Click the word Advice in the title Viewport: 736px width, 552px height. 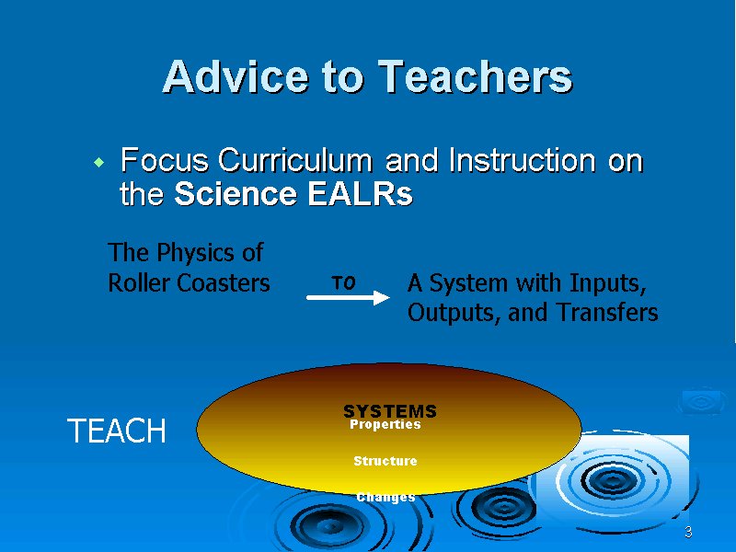[236, 76]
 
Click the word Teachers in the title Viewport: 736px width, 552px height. [475, 76]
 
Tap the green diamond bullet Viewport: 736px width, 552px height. [99, 163]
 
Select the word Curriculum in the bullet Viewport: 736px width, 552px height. [294, 160]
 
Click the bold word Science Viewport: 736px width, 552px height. [236, 193]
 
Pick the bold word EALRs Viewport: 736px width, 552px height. [360, 193]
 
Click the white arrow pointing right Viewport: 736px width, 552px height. [348, 297]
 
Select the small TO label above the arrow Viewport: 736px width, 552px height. [343, 282]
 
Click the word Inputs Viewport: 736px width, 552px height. [608, 283]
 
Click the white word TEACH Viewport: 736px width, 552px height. [117, 431]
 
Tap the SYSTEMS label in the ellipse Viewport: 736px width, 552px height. [390, 411]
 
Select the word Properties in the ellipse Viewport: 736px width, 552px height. [385, 424]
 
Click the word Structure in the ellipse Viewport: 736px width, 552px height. [385, 461]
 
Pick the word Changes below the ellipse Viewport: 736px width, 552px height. [385, 497]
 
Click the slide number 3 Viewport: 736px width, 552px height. [688, 532]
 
